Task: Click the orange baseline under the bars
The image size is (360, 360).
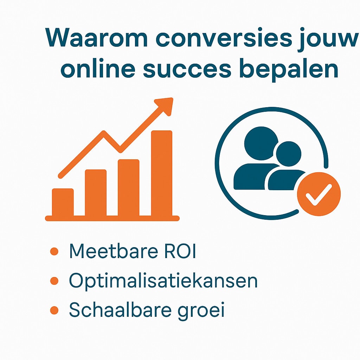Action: tap(112, 218)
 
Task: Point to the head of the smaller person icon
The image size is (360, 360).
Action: tap(288, 154)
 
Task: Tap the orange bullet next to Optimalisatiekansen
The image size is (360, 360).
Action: tap(54, 281)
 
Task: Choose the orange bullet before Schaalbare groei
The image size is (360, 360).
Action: tap(54, 310)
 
